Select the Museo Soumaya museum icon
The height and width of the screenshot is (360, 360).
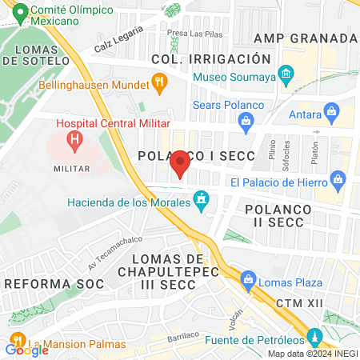(x=286, y=77)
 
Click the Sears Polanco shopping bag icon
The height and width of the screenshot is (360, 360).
(x=246, y=120)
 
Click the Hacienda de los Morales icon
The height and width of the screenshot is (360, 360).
(x=202, y=198)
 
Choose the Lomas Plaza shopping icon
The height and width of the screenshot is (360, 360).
(x=248, y=282)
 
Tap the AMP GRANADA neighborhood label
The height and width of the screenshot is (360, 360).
(x=304, y=38)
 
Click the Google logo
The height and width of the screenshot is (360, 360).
(x=26, y=349)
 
